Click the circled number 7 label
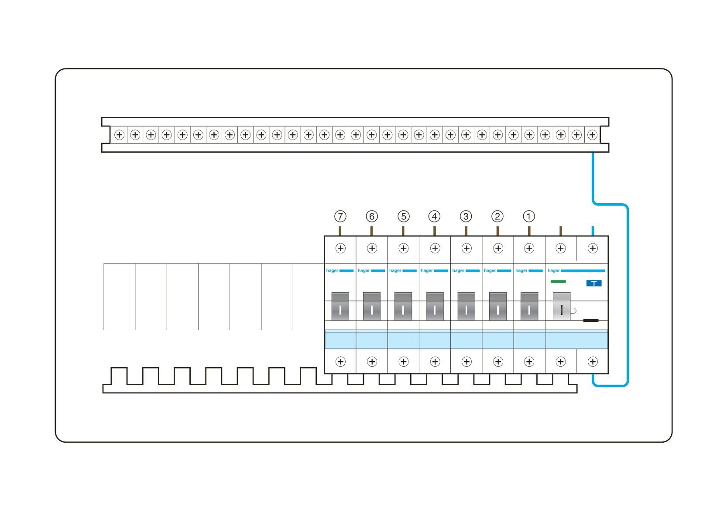point(340,216)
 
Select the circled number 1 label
point(529,216)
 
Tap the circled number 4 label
point(435,216)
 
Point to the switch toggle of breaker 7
point(340,306)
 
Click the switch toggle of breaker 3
point(466,306)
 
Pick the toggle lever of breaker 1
point(529,306)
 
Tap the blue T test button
point(593,283)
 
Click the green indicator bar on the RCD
point(558,282)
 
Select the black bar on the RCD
point(591,321)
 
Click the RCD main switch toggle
point(561,306)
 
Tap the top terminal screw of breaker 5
point(404,249)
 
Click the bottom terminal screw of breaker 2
point(498,362)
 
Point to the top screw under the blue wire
point(593,249)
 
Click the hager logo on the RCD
point(553,271)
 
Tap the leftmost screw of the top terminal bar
point(119,135)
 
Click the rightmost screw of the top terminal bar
point(592,135)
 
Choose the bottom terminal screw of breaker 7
point(340,362)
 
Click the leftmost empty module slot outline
point(120,297)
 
